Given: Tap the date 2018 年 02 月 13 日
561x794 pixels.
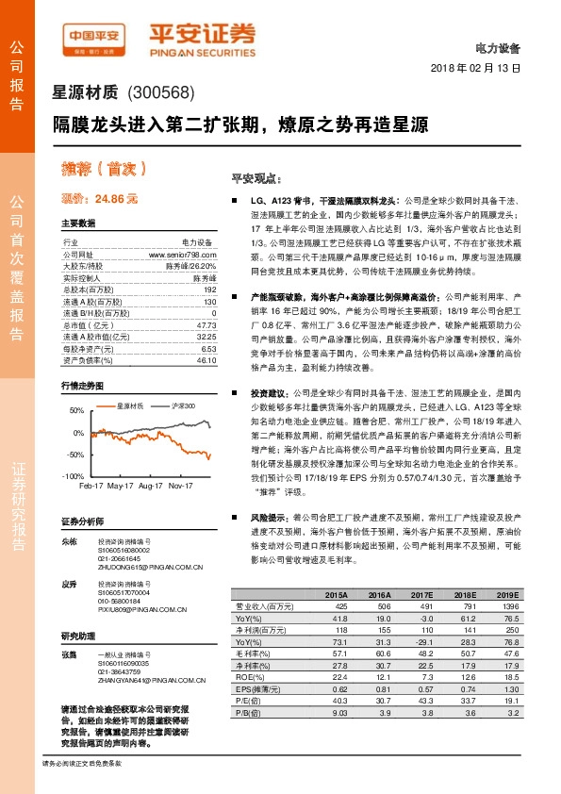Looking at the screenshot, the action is click(x=475, y=69).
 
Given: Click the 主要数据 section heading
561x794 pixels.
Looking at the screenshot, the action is click(x=78, y=224).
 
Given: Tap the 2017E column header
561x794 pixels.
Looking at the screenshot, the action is click(x=422, y=596).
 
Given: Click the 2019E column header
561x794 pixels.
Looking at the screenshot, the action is click(x=508, y=596).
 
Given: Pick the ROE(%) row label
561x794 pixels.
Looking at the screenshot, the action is click(x=249, y=677).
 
